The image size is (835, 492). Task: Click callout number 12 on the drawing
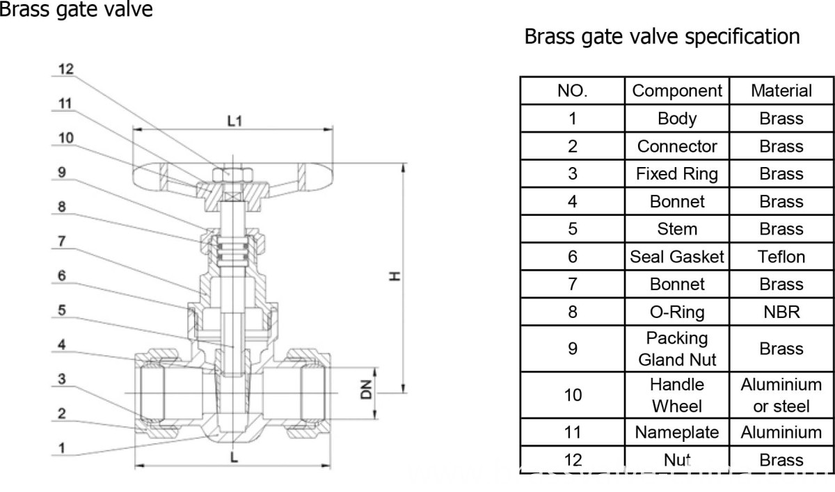(x=65, y=70)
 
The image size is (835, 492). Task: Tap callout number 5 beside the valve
(x=62, y=310)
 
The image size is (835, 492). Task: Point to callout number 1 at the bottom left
(x=62, y=448)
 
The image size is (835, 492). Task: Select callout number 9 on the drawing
(x=62, y=172)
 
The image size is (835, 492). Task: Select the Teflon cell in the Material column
(x=781, y=257)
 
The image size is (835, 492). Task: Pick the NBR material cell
(x=781, y=312)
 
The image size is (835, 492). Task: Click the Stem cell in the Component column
(x=676, y=229)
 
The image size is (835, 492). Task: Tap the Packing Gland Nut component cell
(x=676, y=349)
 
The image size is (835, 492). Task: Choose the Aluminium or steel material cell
(x=781, y=395)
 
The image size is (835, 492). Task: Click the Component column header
(x=676, y=90)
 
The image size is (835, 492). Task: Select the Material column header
(x=781, y=90)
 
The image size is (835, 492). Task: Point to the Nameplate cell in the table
(x=676, y=432)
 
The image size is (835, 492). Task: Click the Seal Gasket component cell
(x=676, y=257)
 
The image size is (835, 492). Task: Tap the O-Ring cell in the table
(x=676, y=312)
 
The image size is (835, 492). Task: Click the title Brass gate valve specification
(x=662, y=36)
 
